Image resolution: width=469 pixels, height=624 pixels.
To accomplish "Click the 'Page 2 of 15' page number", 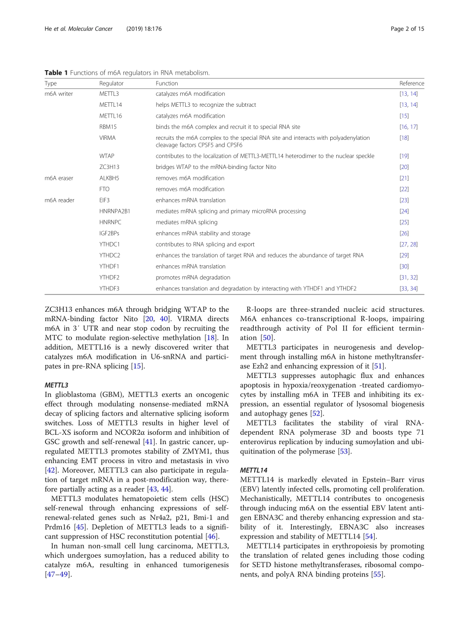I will [x=407, y=29].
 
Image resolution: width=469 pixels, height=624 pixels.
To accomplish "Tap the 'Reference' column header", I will [x=411, y=83].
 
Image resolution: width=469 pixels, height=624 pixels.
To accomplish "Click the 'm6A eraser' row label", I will [x=59, y=178].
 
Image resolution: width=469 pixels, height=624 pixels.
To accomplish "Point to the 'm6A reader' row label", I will [x=59, y=201].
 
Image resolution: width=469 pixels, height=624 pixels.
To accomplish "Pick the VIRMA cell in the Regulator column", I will [x=107, y=138].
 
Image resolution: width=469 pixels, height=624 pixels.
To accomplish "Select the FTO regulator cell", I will [x=104, y=189].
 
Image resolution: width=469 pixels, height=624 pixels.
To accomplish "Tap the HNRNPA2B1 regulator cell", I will [x=115, y=211].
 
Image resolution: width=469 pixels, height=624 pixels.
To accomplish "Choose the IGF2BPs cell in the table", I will [x=109, y=234].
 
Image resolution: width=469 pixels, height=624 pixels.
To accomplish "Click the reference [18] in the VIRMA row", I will [x=404, y=138].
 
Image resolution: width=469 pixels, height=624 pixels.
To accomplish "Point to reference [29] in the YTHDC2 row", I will [x=404, y=255].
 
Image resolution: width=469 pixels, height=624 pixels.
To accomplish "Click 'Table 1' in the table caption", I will [x=56, y=73].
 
